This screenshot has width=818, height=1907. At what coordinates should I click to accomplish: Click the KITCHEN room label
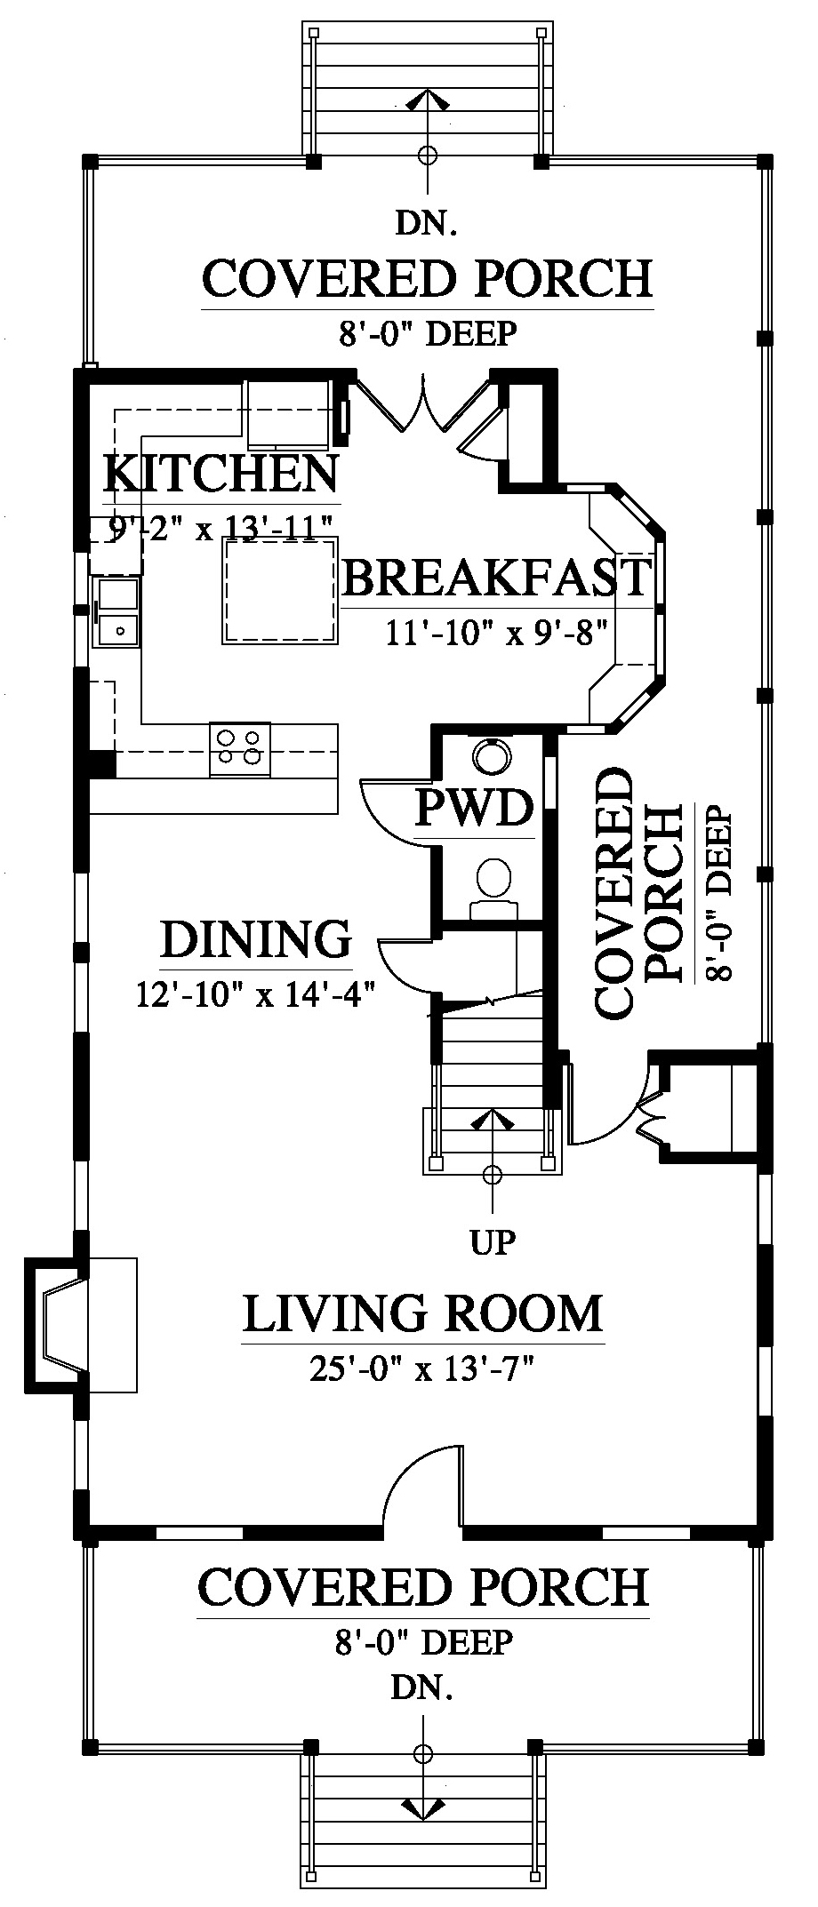(221, 474)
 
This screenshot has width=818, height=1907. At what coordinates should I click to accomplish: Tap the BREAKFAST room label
(497, 578)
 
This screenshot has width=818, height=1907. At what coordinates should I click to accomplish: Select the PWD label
(475, 809)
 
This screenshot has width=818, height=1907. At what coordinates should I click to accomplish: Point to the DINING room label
(256, 939)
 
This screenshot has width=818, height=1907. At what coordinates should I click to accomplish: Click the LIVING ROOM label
(423, 1314)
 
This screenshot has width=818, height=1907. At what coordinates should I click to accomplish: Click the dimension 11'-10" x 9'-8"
(496, 632)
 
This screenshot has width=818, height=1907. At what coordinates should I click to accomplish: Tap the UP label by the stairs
(493, 1241)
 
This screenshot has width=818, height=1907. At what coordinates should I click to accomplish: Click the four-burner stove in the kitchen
(240, 747)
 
